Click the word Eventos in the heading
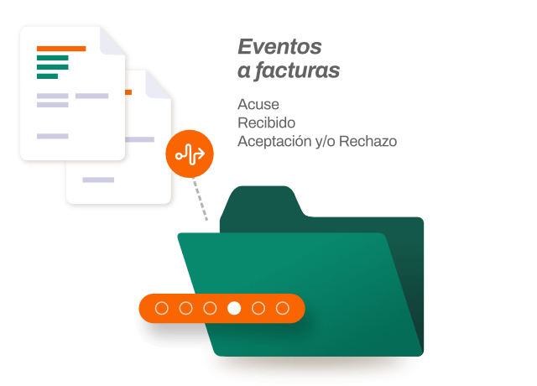coord(279,47)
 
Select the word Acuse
coord(258,105)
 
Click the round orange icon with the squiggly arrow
coord(190,155)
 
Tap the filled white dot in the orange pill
coord(234,309)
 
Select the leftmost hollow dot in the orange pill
coord(162,309)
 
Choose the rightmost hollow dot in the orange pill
coord(283,309)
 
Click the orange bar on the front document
coord(61,49)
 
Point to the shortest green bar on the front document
coord(47,76)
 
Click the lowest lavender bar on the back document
coord(98,180)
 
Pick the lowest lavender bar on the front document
coord(53,136)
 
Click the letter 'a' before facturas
coord(243,72)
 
